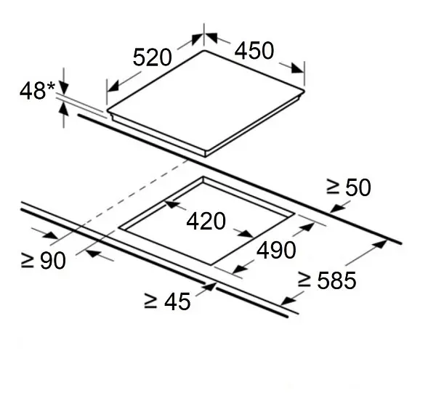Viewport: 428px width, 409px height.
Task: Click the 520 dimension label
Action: (152, 57)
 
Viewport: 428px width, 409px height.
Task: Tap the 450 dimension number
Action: (254, 50)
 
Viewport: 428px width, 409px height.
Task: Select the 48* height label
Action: (37, 90)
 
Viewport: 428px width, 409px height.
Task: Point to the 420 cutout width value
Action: (206, 221)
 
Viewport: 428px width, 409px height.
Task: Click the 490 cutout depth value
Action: (276, 250)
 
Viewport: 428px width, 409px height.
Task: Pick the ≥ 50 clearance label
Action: (349, 187)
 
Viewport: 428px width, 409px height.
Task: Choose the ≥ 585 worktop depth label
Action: (327, 280)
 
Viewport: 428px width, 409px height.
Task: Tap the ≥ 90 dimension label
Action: (43, 261)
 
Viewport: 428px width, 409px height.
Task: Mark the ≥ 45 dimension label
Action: (167, 301)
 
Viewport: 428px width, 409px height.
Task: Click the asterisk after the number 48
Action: (51, 86)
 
